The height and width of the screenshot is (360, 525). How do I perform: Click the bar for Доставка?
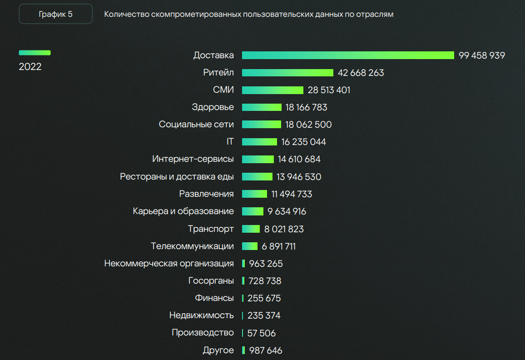[348, 55]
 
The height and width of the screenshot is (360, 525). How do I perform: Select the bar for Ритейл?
[287, 73]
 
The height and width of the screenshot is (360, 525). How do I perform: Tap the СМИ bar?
[272, 90]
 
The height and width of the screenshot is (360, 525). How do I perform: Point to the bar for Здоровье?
[262, 107]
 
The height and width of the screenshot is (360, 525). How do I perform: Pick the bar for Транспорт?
[251, 229]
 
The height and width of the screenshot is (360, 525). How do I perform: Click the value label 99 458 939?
[481, 55]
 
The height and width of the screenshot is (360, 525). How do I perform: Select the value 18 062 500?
[308, 125]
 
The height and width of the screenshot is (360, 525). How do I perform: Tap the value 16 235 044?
[303, 142]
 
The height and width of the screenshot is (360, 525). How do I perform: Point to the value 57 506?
[262, 333]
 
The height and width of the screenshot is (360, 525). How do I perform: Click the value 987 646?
[266, 350]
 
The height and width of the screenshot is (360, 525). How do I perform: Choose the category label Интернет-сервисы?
[193, 159]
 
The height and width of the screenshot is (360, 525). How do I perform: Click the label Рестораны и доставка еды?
[177, 177]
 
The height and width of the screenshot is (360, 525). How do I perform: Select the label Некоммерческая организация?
[169, 264]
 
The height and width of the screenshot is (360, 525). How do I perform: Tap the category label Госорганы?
[211, 281]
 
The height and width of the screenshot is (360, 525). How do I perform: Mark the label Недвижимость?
[202, 315]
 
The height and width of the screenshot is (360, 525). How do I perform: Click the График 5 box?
[55, 14]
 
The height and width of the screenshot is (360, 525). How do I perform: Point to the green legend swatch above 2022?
[35, 53]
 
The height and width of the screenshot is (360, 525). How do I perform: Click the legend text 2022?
[30, 67]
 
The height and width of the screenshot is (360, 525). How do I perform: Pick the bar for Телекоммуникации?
[250, 246]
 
